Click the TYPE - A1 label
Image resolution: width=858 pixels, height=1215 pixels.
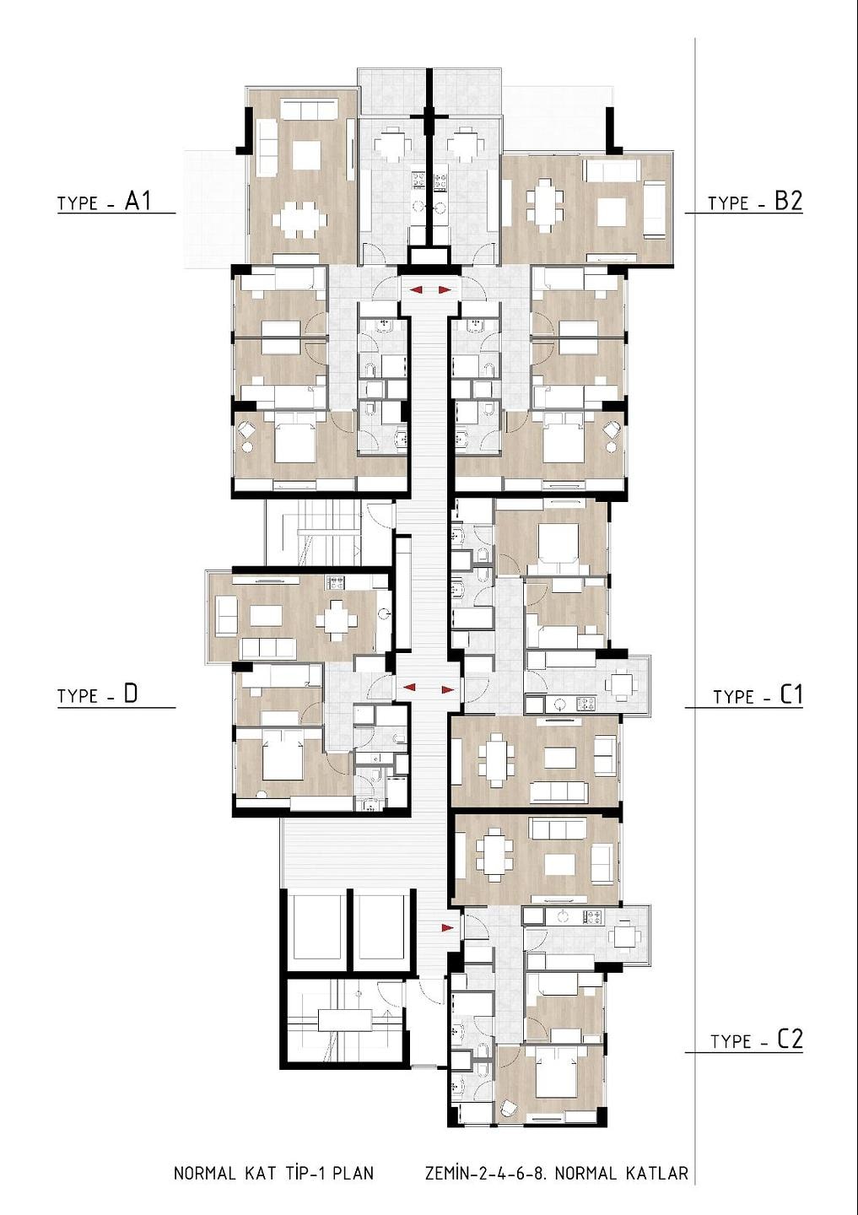coord(104,202)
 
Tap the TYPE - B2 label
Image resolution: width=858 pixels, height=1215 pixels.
coord(754,202)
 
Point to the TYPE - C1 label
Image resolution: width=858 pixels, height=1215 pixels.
coord(757,696)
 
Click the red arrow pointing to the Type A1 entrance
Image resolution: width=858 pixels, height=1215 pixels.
coord(417,291)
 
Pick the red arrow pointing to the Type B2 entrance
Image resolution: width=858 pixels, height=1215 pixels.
coord(445,290)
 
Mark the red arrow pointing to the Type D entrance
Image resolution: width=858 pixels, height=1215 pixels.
coord(408,687)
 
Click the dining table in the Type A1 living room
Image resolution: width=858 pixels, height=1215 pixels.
coord(300,221)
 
